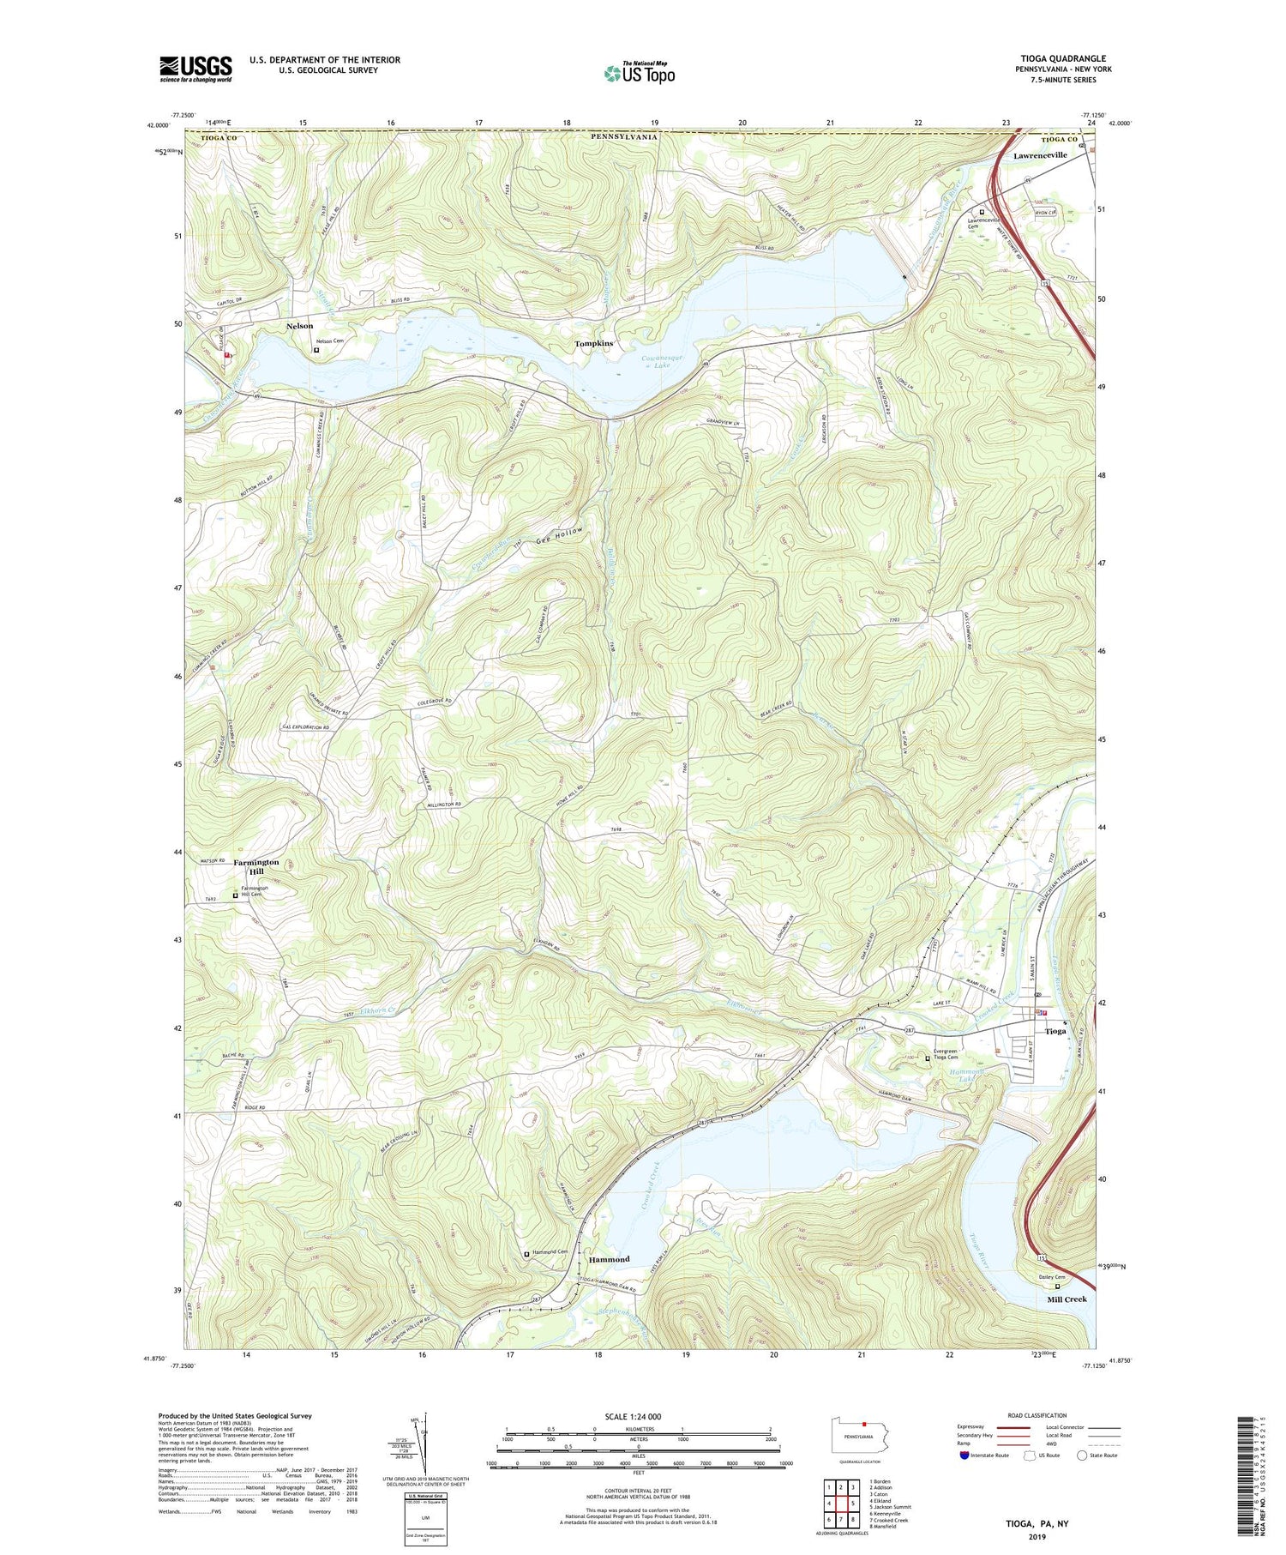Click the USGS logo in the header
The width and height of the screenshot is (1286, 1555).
[195, 69]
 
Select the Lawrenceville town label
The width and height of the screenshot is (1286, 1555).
[1040, 155]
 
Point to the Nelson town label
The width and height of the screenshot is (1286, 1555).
[299, 326]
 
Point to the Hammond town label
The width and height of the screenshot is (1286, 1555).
[609, 1259]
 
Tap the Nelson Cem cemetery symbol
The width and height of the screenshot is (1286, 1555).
[315, 350]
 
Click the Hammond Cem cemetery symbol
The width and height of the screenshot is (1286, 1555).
[526, 1254]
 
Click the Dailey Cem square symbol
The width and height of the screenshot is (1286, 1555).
[1057, 1286]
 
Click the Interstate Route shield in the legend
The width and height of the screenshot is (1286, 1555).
[965, 1455]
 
